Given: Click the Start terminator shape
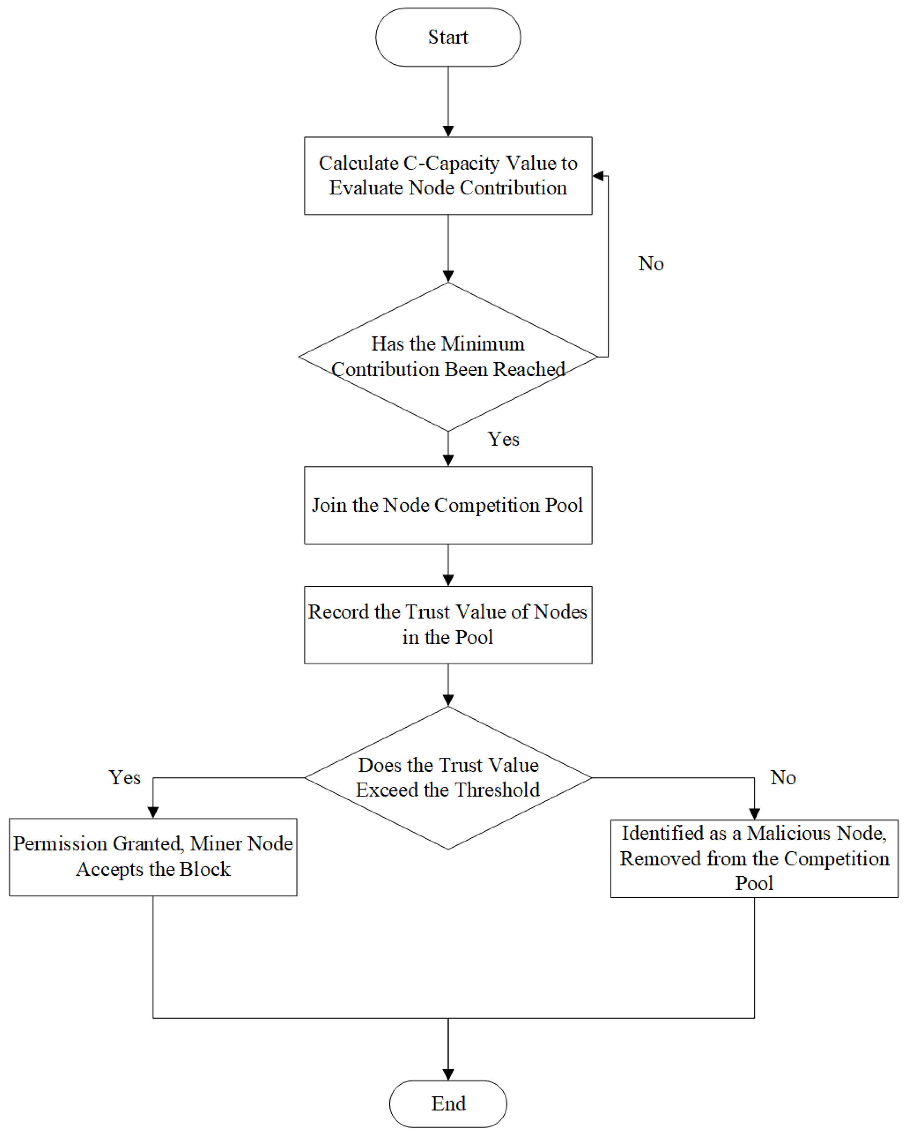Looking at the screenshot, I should click(448, 37).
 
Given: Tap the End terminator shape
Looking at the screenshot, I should click(448, 1103).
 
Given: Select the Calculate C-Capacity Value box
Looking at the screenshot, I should click(448, 175).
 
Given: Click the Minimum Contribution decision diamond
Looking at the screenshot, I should click(448, 357).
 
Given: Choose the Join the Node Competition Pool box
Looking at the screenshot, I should click(448, 505).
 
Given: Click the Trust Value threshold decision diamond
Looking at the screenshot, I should click(448, 778).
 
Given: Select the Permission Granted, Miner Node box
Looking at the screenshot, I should click(153, 857).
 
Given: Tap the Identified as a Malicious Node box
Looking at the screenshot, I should click(754, 858).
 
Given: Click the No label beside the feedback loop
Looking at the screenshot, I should click(651, 263).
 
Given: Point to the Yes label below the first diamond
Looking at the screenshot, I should click(503, 439).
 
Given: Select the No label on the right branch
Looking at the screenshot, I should click(783, 778).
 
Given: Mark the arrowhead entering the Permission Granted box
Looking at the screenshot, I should click(153, 812).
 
